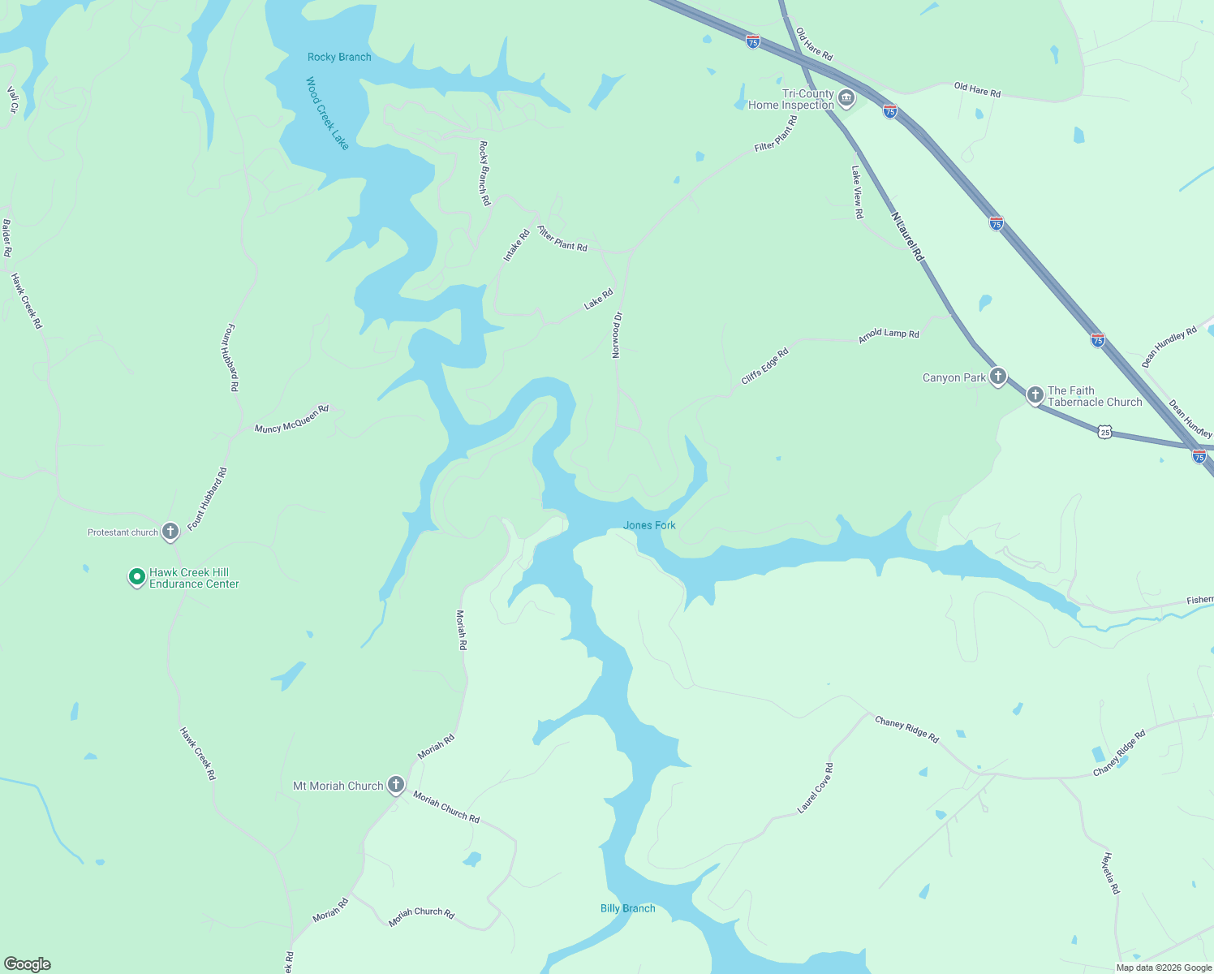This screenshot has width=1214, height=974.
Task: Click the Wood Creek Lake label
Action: click(327, 113)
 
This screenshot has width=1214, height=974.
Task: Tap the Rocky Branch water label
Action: click(339, 57)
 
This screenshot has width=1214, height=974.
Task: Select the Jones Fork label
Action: click(649, 525)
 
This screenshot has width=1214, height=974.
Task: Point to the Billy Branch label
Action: click(627, 908)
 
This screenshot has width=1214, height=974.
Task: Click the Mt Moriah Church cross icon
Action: click(396, 785)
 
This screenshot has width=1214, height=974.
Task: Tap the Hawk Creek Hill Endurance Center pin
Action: click(137, 577)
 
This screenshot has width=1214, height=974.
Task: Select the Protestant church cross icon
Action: click(170, 532)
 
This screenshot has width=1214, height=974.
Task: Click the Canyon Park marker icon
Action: click(998, 377)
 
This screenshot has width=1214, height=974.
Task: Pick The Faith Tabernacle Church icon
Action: click(1035, 395)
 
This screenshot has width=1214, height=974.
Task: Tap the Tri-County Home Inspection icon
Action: click(846, 99)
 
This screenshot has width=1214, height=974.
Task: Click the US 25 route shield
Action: click(1104, 432)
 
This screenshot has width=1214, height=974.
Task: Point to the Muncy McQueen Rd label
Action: click(291, 419)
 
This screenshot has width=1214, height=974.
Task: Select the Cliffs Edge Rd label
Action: click(764, 367)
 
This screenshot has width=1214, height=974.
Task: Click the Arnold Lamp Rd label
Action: click(889, 335)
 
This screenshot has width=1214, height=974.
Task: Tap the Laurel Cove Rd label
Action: click(816, 788)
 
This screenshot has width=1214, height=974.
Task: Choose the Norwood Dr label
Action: click(617, 335)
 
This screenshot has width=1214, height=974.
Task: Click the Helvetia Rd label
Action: click(1111, 873)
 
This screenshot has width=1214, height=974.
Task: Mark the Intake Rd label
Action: click(516, 245)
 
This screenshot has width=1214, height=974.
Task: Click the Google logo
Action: click(27, 964)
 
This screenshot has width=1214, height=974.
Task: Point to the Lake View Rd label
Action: click(857, 192)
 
